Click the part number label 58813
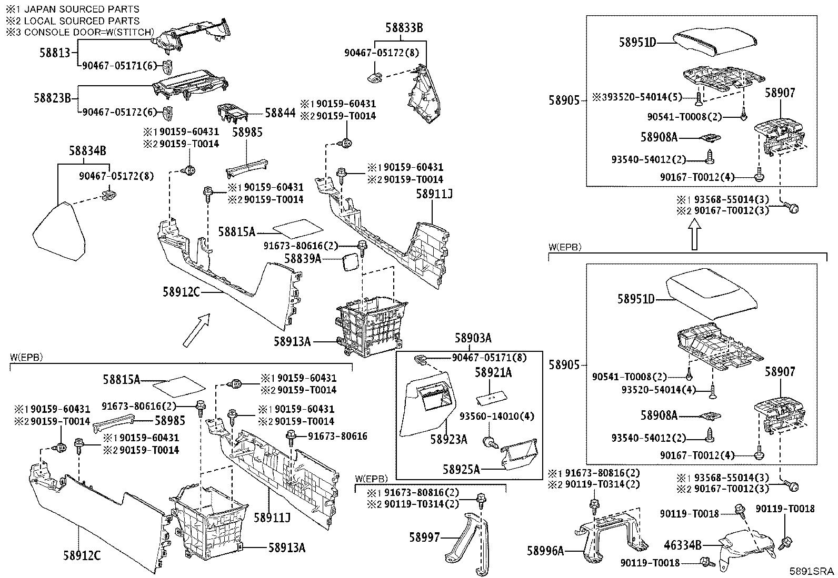point(55,53)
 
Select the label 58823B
point(53,98)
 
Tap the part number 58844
point(280,113)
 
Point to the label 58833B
point(404,28)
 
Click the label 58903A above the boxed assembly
point(473,338)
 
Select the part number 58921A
point(493,372)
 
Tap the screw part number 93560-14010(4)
point(497,416)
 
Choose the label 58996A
point(545,551)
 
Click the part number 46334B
point(682,545)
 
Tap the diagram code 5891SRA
point(812,571)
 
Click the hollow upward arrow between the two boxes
point(694,234)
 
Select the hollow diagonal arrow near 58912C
point(196,330)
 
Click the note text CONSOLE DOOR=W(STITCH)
point(89,32)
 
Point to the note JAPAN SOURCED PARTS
point(82,9)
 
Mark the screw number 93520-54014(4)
point(659,390)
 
